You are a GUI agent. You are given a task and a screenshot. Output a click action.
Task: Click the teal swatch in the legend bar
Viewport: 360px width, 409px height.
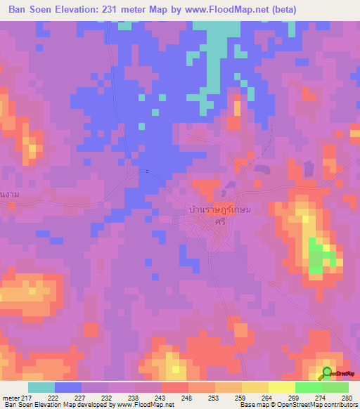pos(41,388)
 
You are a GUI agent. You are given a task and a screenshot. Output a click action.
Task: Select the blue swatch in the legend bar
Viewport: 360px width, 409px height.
pos(68,388)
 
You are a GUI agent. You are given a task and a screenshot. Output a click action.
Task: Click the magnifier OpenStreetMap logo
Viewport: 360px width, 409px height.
pos(328,373)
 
